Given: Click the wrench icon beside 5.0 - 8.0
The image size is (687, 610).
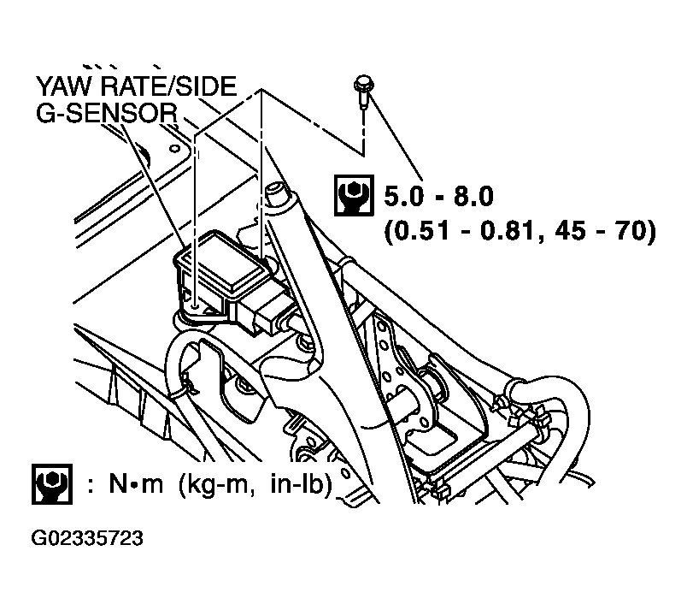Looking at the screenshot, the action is point(352,196).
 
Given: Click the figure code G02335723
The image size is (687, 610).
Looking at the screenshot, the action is point(86,539).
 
